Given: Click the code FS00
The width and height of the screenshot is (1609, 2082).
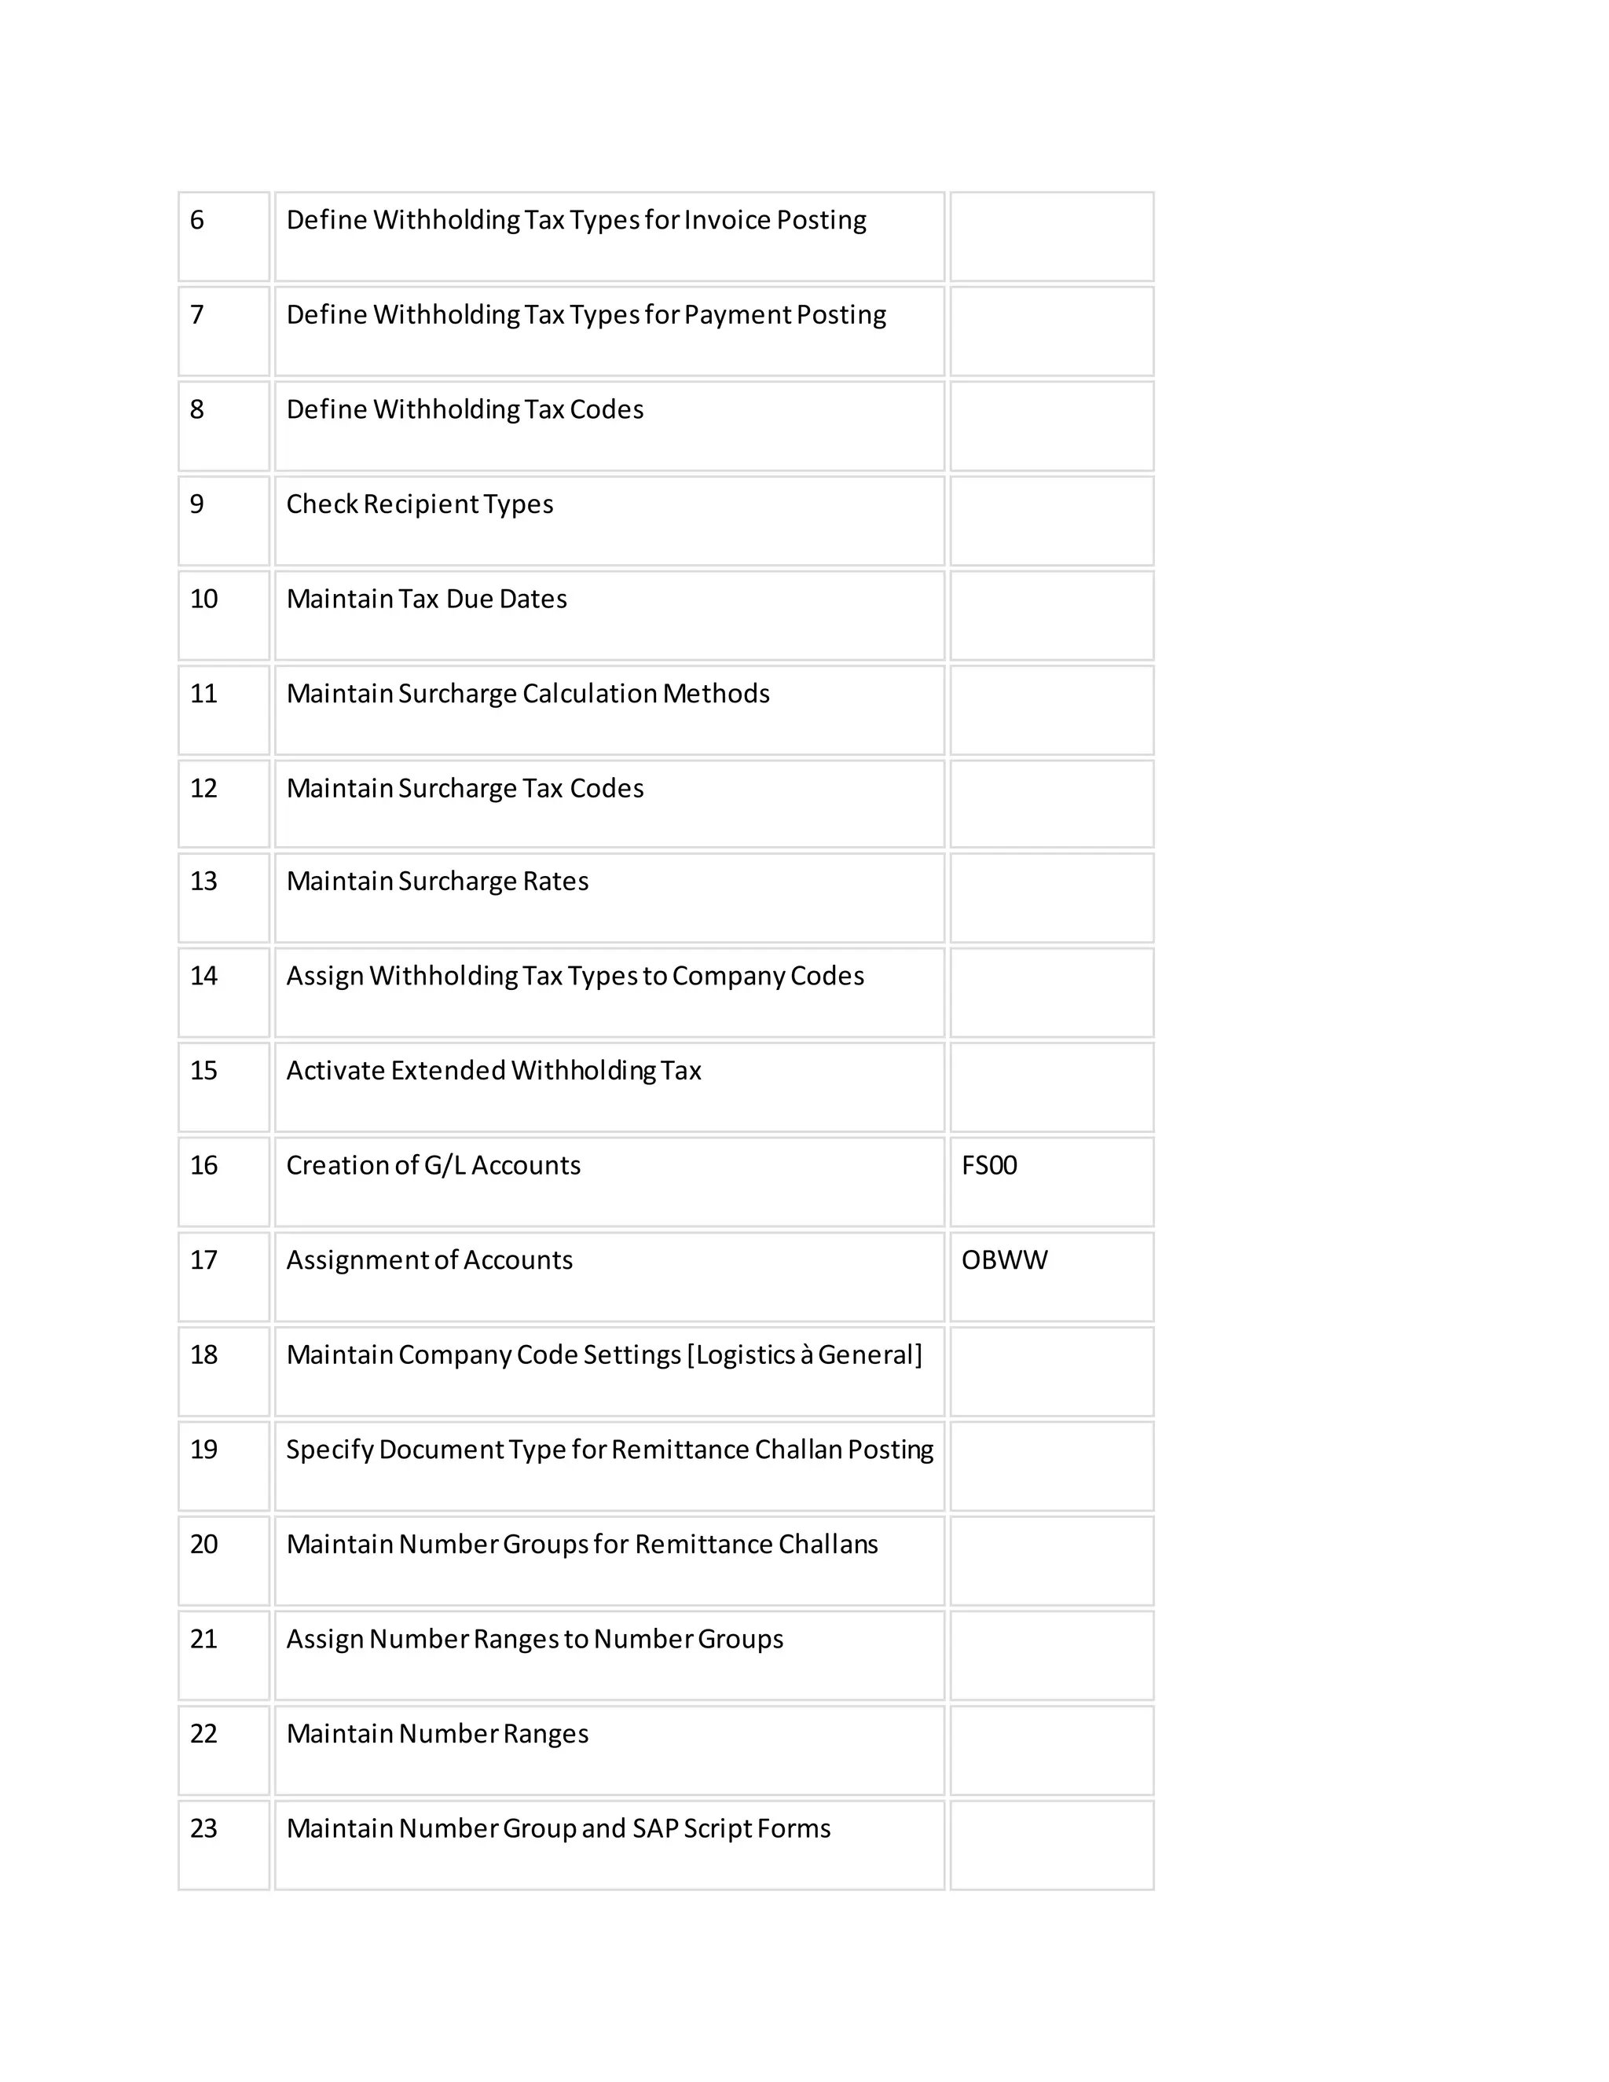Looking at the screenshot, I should click(x=988, y=1165).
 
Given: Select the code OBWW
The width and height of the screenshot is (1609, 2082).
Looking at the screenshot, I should click(x=1004, y=1259).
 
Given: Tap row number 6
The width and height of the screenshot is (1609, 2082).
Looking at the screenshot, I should click(x=197, y=220).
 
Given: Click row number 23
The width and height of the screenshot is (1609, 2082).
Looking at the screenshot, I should click(x=204, y=1827).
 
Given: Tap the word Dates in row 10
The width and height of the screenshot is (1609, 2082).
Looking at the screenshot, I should click(x=533, y=599).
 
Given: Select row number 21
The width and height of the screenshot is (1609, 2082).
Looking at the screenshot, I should click(x=204, y=1639).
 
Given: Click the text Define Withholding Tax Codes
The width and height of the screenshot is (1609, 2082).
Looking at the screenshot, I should click(x=465, y=409).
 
